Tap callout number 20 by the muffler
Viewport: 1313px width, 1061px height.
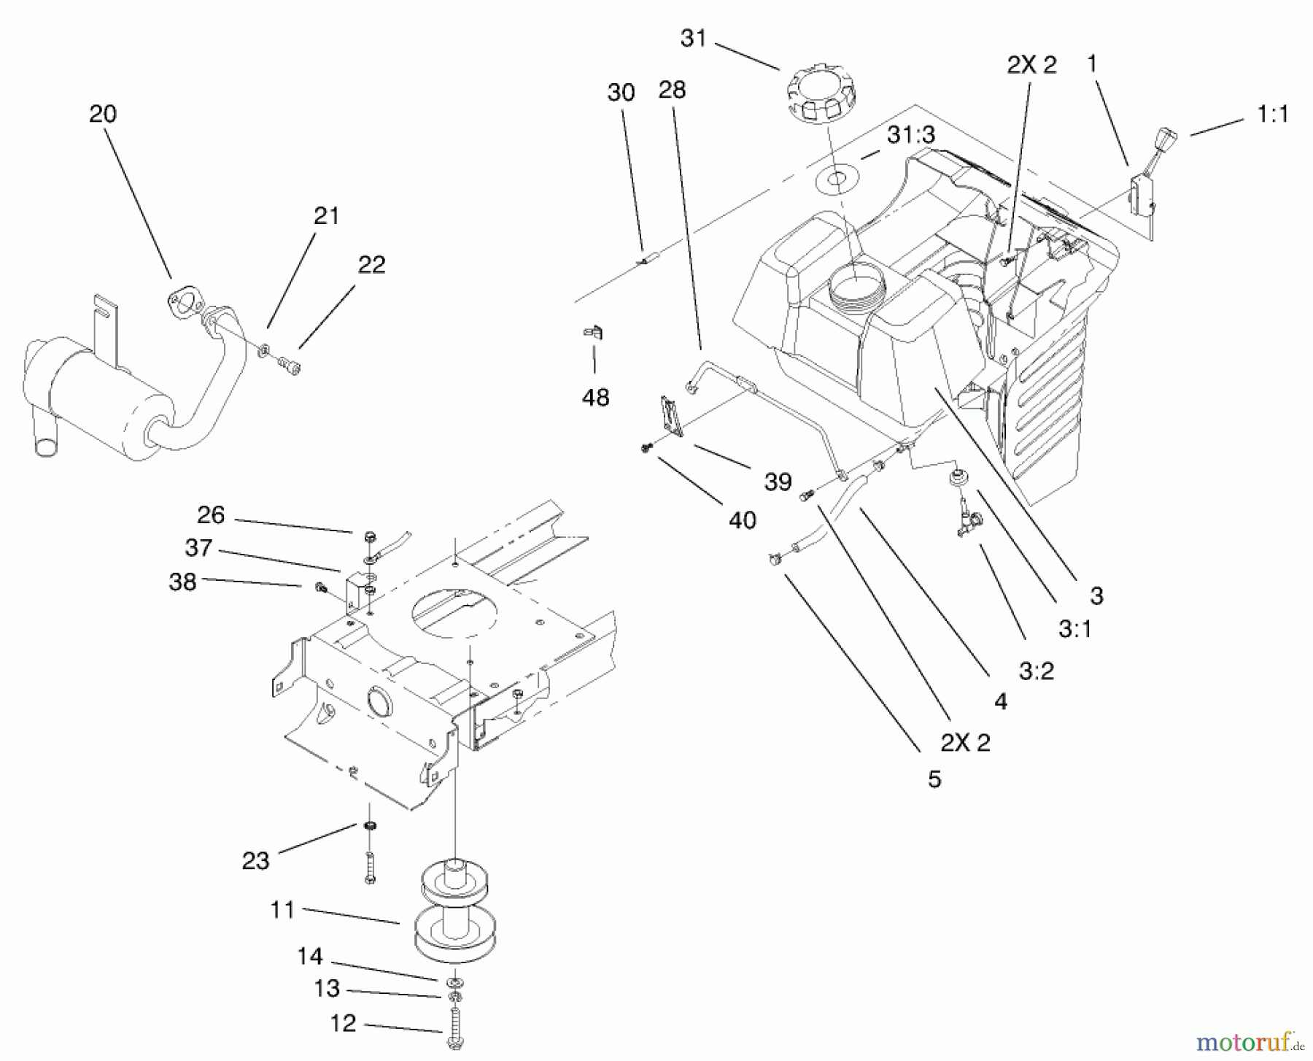coord(103,114)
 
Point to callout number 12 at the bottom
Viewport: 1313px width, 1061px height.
coord(343,1023)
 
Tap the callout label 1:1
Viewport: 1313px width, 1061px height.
coord(1272,115)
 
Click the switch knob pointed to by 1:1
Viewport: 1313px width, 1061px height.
coord(1161,138)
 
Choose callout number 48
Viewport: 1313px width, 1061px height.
coord(595,398)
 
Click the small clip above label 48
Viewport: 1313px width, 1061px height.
coord(593,333)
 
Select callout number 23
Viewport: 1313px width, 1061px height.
coord(255,861)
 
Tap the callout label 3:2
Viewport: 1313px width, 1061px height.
coord(1036,671)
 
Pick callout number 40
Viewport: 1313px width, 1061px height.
coord(743,520)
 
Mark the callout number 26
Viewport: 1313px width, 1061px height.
coord(210,515)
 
